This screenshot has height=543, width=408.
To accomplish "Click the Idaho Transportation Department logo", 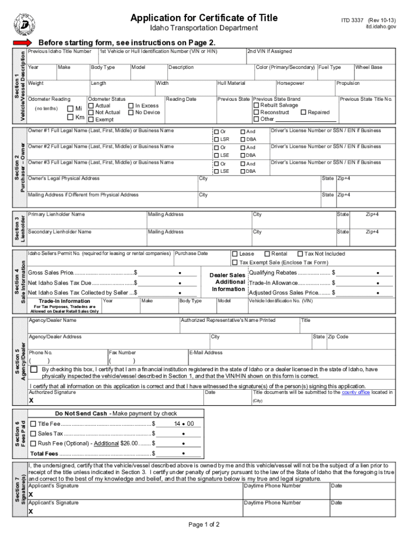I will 24,23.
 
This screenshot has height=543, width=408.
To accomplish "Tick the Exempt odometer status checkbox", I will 91,119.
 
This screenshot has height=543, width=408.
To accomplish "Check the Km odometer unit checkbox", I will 70,117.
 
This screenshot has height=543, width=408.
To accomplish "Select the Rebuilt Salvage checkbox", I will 256,106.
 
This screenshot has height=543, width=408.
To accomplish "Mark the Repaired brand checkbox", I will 304,112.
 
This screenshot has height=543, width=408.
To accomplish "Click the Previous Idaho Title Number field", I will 62,56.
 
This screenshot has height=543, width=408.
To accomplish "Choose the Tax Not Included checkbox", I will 300,254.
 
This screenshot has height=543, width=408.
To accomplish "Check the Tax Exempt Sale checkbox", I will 235,262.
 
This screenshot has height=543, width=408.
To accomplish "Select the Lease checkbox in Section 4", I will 235,254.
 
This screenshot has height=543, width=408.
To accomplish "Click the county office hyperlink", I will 356,392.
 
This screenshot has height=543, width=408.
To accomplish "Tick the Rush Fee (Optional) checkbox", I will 33,443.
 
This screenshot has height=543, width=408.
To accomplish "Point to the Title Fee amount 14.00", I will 183,424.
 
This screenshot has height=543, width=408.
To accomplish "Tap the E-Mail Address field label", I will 206,353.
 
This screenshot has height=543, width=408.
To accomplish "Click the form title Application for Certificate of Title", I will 204,18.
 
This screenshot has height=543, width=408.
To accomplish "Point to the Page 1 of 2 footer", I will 204,525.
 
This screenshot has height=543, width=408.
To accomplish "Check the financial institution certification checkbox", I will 34,369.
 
